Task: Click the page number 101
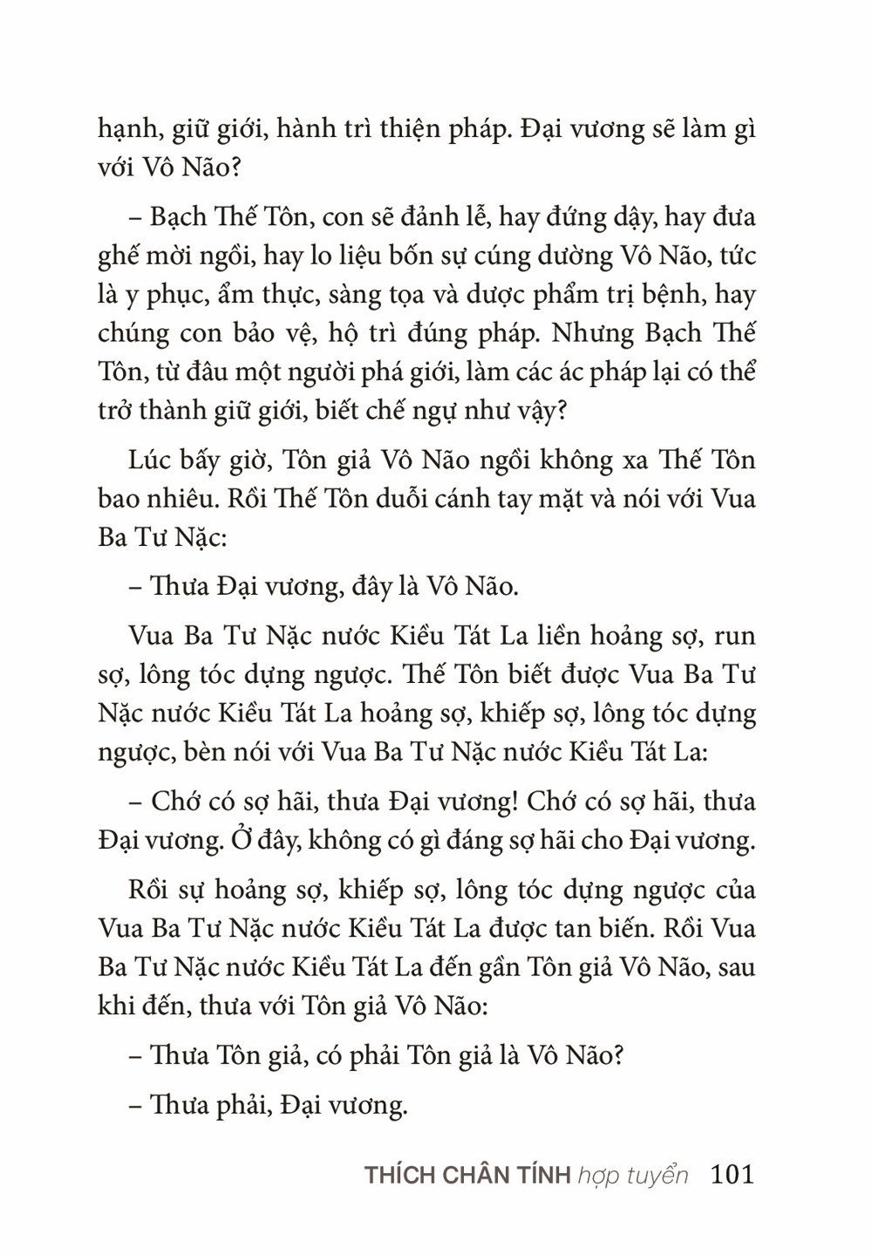tap(732, 1174)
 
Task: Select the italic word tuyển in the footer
tap(659, 1176)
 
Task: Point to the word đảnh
tap(422, 217)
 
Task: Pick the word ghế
tap(116, 257)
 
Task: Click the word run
tap(734, 637)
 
